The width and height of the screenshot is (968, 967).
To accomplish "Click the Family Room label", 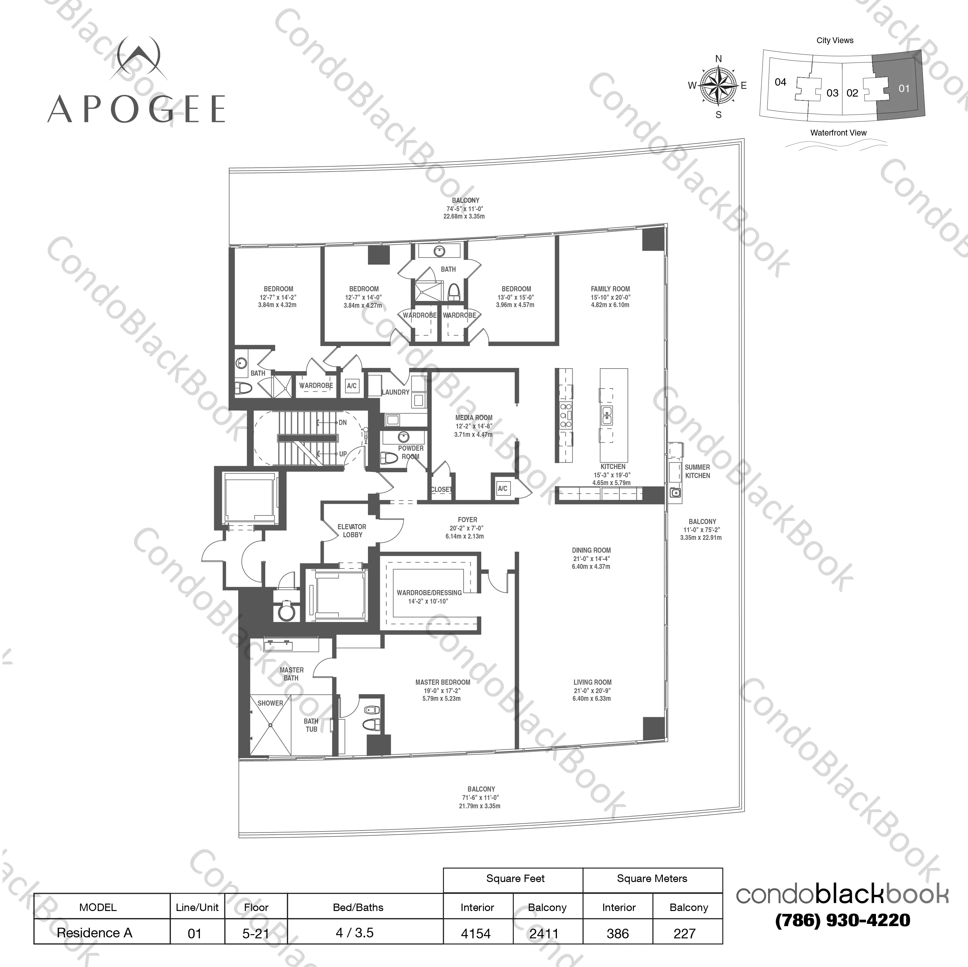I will [610, 289].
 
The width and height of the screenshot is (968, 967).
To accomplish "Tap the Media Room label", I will [474, 418].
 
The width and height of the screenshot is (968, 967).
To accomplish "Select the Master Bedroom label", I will [442, 682].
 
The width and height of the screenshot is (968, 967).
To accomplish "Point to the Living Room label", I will [592, 682].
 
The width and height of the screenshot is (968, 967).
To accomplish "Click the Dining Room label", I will [591, 550].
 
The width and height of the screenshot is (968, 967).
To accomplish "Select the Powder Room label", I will [410, 452].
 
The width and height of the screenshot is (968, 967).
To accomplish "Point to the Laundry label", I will [395, 392].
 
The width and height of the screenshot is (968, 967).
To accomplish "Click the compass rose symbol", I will [718, 86].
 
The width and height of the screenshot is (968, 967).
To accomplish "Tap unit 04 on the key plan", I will [780, 82].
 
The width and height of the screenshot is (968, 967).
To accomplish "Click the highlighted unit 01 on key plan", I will [903, 89].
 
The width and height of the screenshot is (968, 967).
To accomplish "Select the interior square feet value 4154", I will [476, 934].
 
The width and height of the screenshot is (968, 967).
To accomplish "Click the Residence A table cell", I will [95, 933].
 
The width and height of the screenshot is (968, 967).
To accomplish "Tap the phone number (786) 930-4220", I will [842, 920].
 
